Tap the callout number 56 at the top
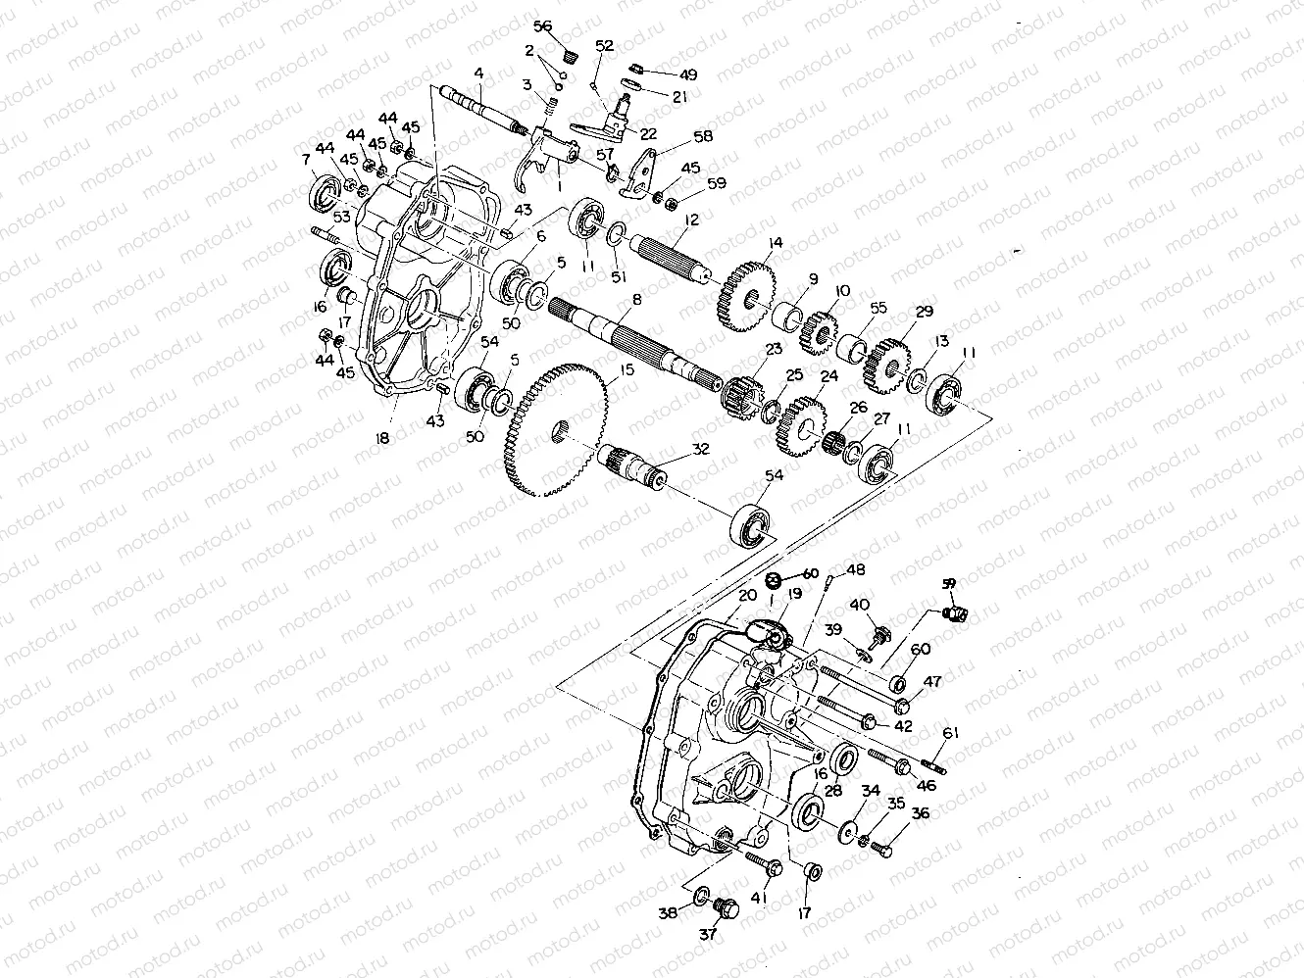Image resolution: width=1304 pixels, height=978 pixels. pyautogui.click(x=543, y=26)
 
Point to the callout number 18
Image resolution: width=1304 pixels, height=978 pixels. pyautogui.click(x=382, y=439)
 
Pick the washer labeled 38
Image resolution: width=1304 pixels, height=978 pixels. pyautogui.click(x=702, y=897)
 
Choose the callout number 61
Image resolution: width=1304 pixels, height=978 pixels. pyautogui.click(x=950, y=733)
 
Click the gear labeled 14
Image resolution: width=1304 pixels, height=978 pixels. pyautogui.click(x=747, y=297)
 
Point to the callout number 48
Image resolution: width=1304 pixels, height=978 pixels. pyautogui.click(x=856, y=570)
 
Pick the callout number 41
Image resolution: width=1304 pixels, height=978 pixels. pyautogui.click(x=760, y=896)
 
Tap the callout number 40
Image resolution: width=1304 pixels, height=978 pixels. pyautogui.click(x=859, y=605)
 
